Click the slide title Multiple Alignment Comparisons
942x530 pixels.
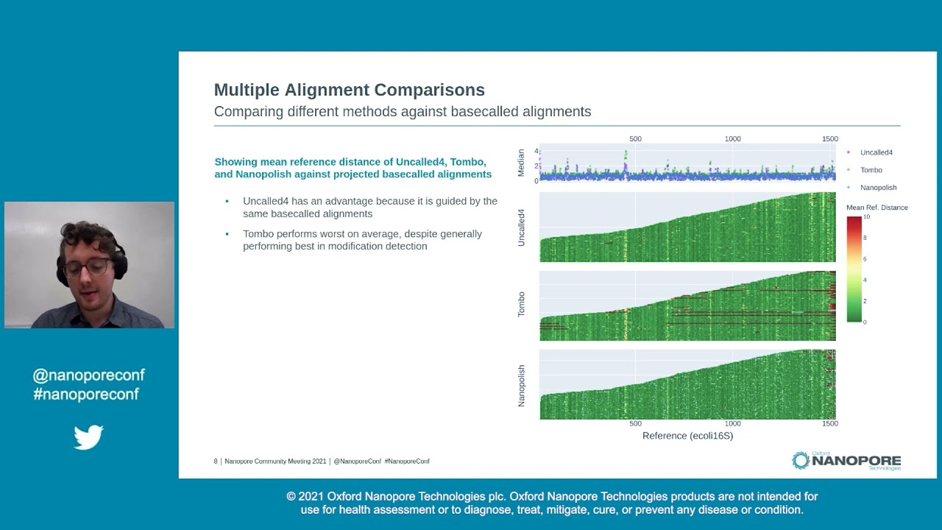pos(349,90)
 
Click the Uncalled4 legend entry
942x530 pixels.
pos(876,152)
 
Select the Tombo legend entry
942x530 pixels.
pos(871,170)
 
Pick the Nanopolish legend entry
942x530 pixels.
pos(878,188)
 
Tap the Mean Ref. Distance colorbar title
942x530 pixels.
pos(877,208)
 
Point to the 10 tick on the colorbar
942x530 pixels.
pos(866,217)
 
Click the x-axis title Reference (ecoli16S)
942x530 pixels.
pos(687,436)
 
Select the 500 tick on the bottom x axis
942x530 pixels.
pos(635,424)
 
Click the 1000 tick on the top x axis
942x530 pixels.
pos(732,138)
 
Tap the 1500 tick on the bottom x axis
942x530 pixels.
pos(829,424)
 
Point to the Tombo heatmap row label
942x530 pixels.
pos(521,305)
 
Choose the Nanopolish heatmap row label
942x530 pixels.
pos(521,385)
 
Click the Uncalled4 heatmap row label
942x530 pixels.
pos(521,227)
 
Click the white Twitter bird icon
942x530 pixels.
pos(88,437)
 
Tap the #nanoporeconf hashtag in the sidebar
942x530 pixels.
pos(85,394)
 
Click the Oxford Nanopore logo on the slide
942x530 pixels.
pos(846,461)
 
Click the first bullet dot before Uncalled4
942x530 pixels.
pos(227,201)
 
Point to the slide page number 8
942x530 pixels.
pos(216,462)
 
